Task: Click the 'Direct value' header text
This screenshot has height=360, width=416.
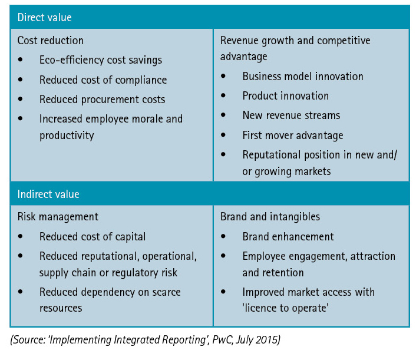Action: click(x=45, y=18)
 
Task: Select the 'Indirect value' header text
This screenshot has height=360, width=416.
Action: click(x=48, y=194)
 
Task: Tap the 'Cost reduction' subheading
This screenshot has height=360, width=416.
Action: click(x=51, y=41)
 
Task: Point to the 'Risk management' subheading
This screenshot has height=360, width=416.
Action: click(x=58, y=217)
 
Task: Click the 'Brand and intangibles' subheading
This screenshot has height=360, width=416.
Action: click(x=270, y=217)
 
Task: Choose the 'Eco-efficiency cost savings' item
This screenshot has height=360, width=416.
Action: click(x=101, y=60)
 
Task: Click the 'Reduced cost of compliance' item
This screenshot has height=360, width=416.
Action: click(x=103, y=80)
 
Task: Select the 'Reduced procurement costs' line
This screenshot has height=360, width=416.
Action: click(x=103, y=100)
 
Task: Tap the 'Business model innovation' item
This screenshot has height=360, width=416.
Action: click(x=303, y=77)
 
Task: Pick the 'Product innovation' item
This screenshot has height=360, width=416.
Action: click(x=285, y=96)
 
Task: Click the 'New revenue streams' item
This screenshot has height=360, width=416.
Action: click(x=291, y=115)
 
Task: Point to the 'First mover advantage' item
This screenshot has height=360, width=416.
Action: click(x=293, y=136)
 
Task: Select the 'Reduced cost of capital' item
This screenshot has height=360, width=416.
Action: click(x=93, y=237)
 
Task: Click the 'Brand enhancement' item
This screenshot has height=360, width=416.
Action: click(x=288, y=237)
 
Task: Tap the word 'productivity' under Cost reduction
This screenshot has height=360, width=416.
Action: click(x=67, y=136)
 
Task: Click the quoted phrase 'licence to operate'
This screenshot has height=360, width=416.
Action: click(x=285, y=308)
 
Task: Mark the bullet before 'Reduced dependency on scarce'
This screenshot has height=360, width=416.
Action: click(x=21, y=292)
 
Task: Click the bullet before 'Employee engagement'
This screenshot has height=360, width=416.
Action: click(x=223, y=256)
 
